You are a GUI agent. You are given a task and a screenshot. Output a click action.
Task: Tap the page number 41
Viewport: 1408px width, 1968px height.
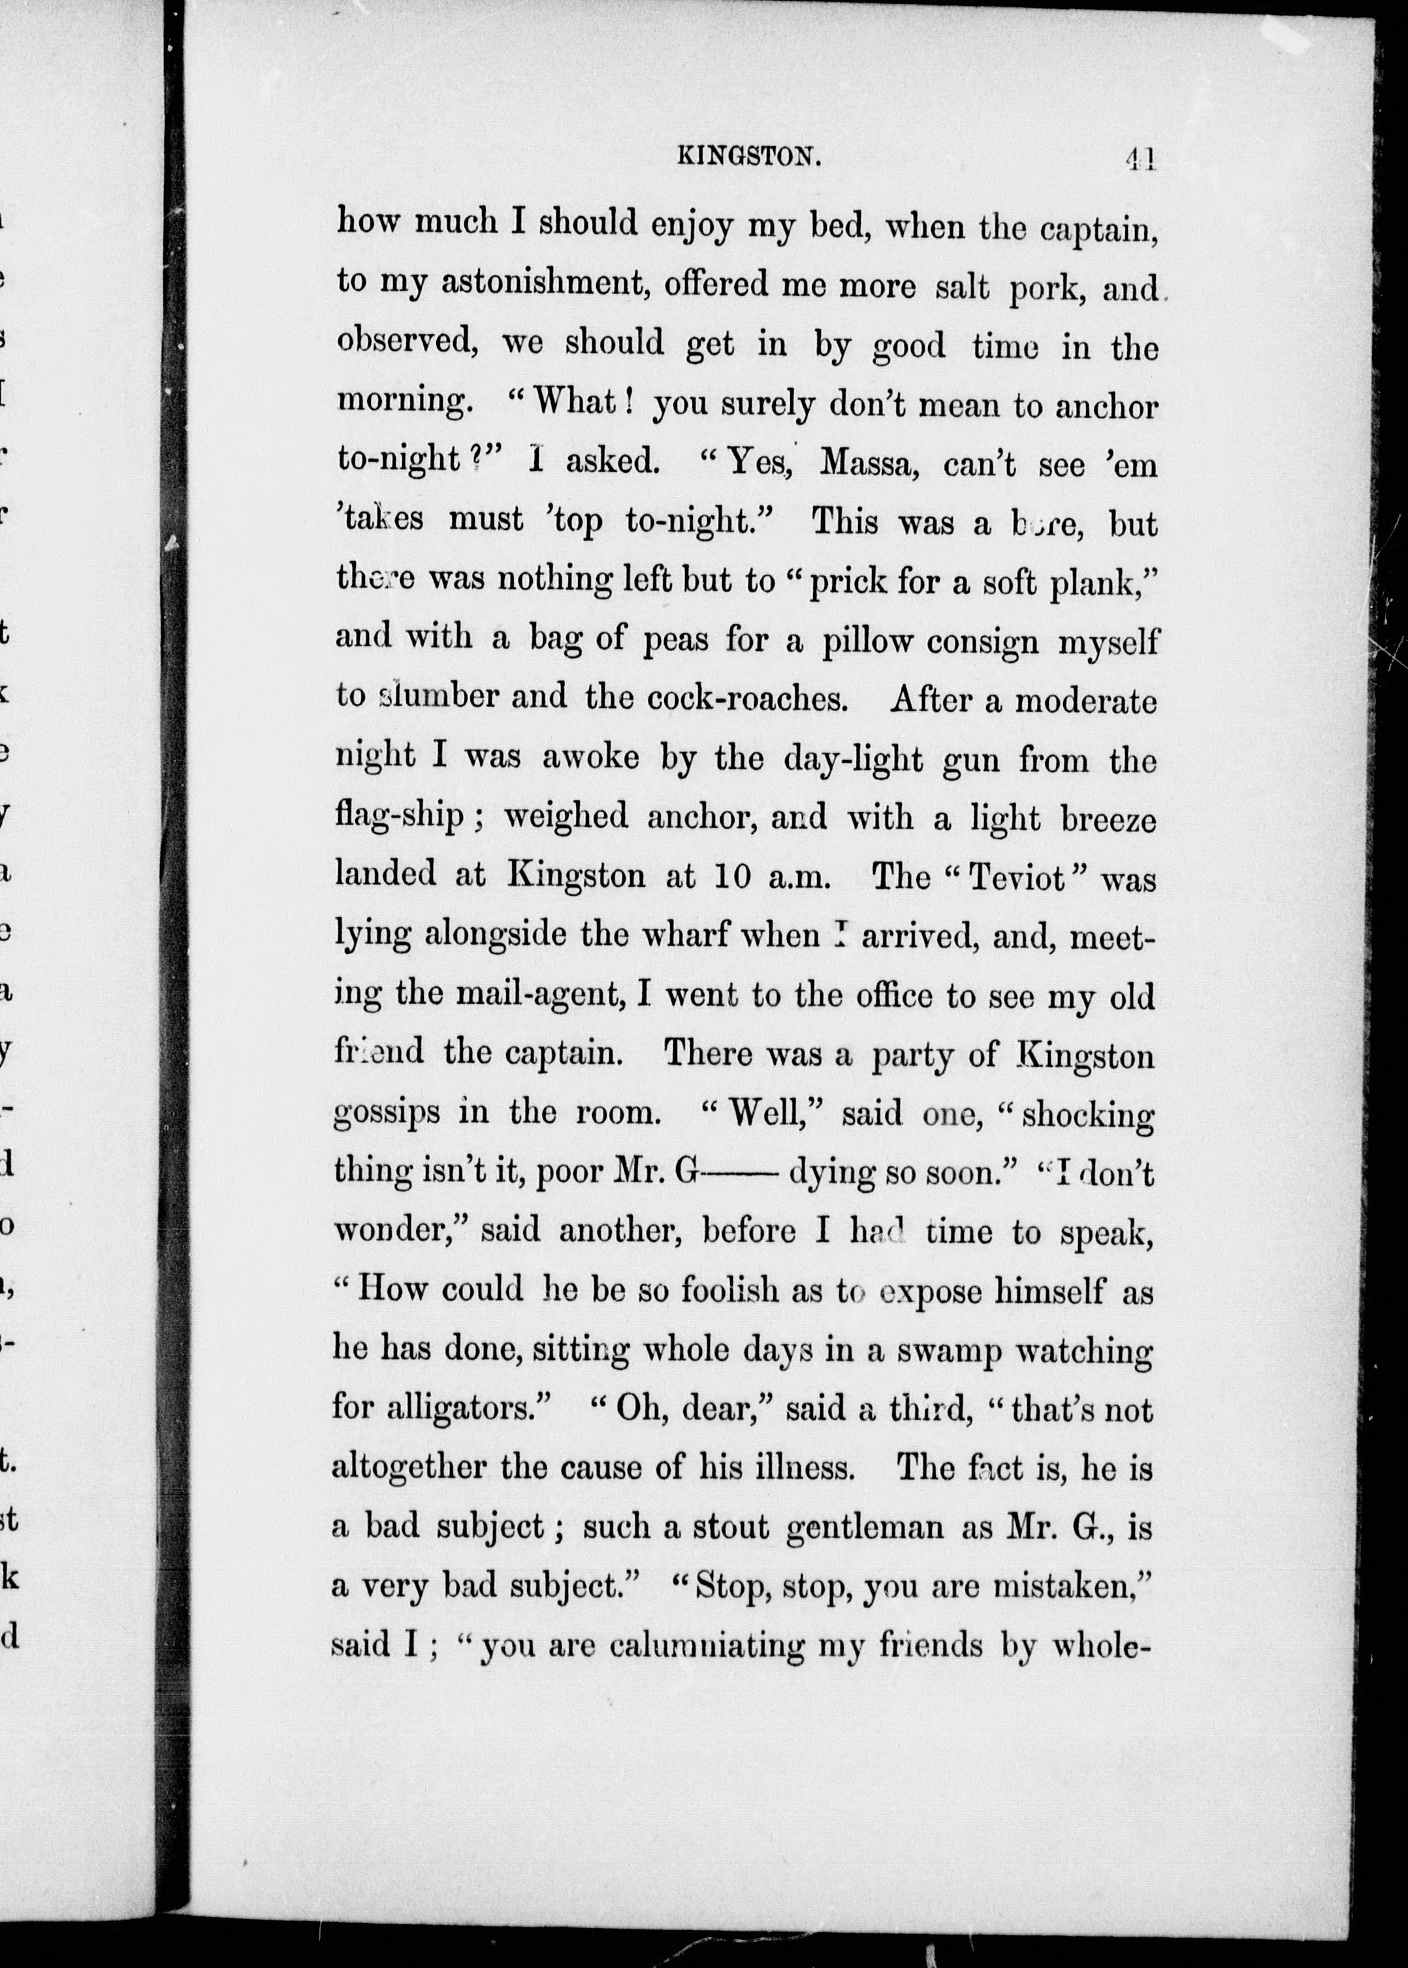point(1139,159)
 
